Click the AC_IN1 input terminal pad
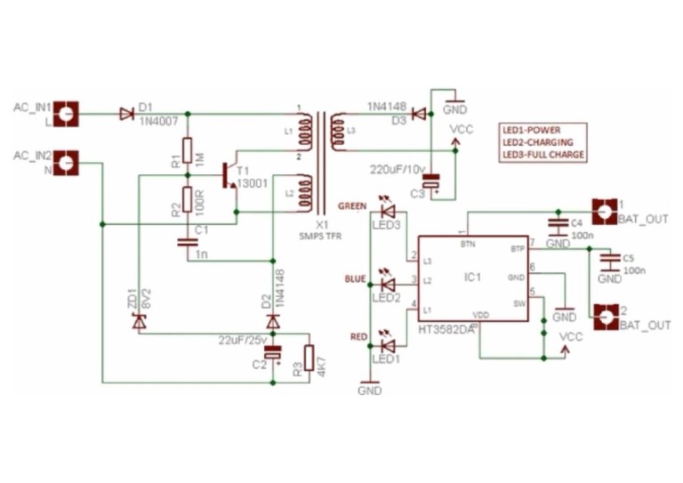(x=68, y=114)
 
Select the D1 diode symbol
(x=125, y=114)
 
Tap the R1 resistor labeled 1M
(x=187, y=151)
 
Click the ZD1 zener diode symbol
(x=138, y=322)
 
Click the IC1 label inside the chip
(x=472, y=277)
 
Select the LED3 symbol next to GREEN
(x=387, y=212)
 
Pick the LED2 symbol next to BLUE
(x=387, y=283)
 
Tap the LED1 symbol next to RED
(x=387, y=344)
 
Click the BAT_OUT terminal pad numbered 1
(x=605, y=211)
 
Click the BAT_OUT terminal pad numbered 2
(x=605, y=316)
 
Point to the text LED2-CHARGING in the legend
(x=537, y=141)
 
